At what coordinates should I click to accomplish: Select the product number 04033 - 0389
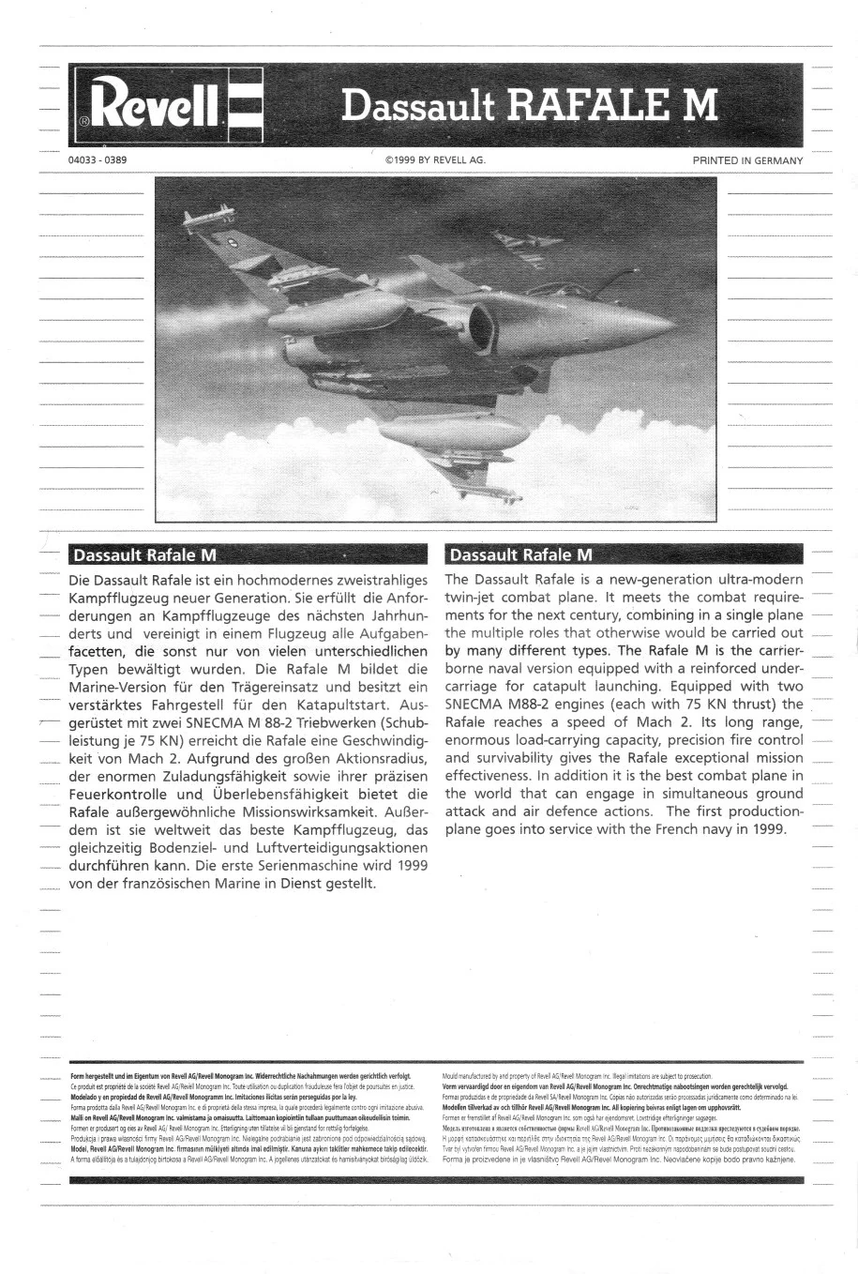(98, 160)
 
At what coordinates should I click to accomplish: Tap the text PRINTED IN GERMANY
(747, 160)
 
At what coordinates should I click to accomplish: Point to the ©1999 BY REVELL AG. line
(434, 160)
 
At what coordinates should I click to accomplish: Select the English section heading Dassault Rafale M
(520, 554)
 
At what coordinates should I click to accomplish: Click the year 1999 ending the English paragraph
(769, 829)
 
